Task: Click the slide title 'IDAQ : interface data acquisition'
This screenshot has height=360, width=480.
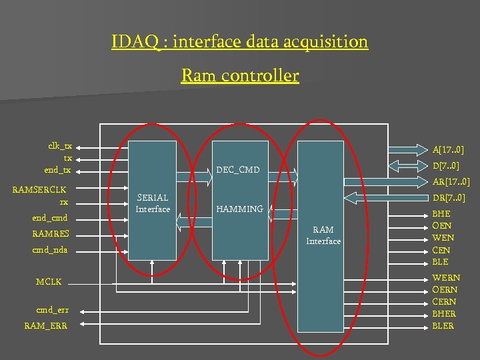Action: (239, 42)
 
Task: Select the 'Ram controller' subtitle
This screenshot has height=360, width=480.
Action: (239, 76)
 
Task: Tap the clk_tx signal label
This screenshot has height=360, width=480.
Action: (60, 146)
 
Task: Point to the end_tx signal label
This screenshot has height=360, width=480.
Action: (58, 170)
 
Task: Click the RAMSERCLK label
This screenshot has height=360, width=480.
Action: (39, 189)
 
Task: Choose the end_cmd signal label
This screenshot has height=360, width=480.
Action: (49, 217)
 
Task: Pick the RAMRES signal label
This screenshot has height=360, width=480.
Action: (51, 233)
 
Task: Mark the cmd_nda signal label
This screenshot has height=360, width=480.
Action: (50, 250)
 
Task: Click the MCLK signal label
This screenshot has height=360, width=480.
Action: (49, 282)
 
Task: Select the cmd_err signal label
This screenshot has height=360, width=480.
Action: (52, 310)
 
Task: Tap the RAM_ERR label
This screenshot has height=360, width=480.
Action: (45, 325)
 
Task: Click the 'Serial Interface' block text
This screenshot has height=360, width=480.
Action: (153, 203)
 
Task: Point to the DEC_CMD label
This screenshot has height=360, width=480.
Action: (238, 170)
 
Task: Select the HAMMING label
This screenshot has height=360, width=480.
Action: (239, 209)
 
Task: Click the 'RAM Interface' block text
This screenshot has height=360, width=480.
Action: (323, 235)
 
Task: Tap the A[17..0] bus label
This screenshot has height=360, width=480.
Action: (448, 150)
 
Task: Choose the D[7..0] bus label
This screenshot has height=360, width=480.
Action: (445, 165)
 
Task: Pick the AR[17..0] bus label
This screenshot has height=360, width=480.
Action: (451, 181)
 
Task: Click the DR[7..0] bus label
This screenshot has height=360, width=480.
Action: (449, 198)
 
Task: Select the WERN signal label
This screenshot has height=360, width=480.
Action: (445, 278)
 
